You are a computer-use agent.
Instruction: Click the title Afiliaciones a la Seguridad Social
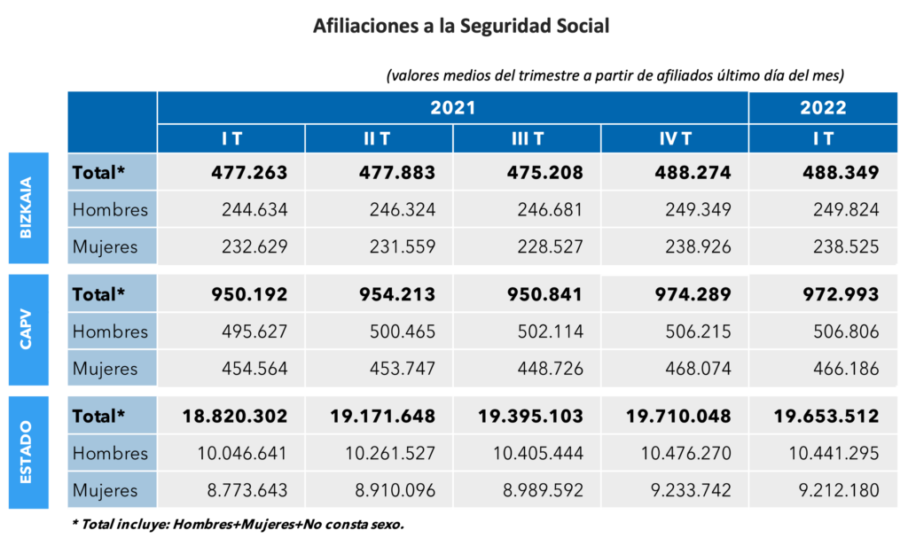coord(461,27)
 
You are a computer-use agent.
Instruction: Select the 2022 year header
coord(823,108)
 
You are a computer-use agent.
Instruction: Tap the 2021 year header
coord(453,108)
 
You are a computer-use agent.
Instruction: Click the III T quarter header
coord(527,139)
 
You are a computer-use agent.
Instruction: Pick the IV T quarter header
coord(675,139)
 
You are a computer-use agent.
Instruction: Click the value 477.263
coord(250,172)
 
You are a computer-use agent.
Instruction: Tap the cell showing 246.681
coord(547,210)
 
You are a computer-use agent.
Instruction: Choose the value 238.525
coord(842,246)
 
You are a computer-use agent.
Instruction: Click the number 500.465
coord(399,331)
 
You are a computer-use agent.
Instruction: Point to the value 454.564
coord(251,368)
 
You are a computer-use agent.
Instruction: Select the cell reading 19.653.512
coord(826,416)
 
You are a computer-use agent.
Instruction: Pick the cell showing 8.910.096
coord(389,489)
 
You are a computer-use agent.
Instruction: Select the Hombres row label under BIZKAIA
coord(111,210)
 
